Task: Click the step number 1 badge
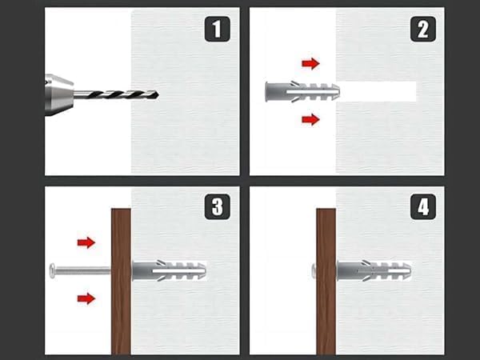coord(217,29)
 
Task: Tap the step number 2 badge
coord(422,29)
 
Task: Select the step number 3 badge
coord(217,206)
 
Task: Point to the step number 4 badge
coord(422,206)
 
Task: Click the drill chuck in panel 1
coord(59,94)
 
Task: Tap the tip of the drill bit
coord(158,95)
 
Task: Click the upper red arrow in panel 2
coord(310,64)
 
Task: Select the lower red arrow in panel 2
coord(310,119)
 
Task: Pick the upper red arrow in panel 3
coord(86,242)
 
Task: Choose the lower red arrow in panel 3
coord(86,298)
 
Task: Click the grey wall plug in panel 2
coord(302,91)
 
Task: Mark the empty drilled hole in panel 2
coord(378,91)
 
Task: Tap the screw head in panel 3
coord(52,270)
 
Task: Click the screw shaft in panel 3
coord(83,270)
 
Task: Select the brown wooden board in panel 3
coord(121,282)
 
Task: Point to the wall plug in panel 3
coord(169,271)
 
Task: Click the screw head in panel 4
coord(314,271)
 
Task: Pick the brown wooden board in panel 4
coord(326,282)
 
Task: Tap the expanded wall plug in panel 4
coord(374,271)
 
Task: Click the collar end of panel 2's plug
coord(267,91)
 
